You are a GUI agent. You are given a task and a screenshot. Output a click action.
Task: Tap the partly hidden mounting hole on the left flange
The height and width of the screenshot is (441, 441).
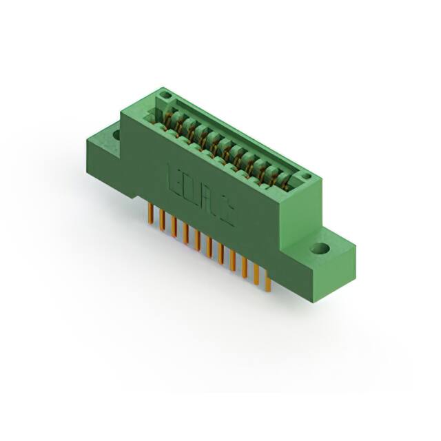[115, 134]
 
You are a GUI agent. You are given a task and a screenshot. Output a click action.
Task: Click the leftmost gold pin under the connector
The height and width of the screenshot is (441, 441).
[150, 214]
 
